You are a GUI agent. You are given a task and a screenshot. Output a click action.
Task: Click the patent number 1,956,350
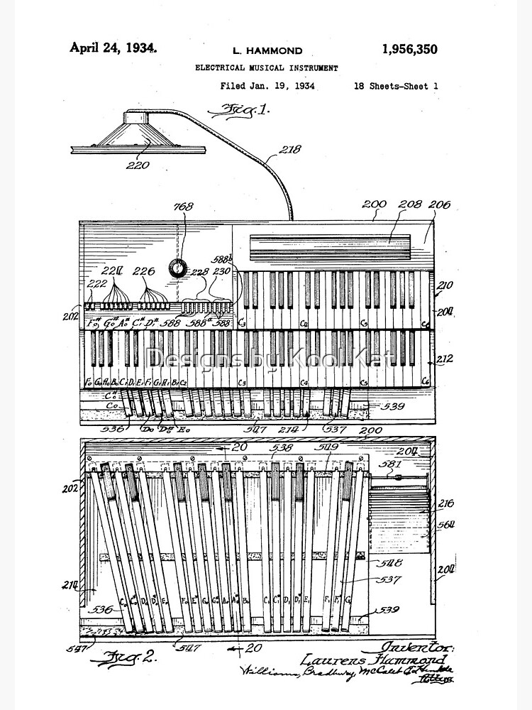pyautogui.click(x=409, y=50)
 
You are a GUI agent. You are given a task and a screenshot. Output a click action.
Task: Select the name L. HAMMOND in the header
pyautogui.click(x=267, y=50)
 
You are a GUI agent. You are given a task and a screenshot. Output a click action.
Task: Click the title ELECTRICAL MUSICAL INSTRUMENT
pyautogui.click(x=267, y=68)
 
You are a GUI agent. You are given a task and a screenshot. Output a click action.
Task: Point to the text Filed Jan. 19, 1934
pyautogui.click(x=267, y=86)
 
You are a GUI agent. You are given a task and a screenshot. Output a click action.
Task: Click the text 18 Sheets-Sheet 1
pyautogui.click(x=396, y=86)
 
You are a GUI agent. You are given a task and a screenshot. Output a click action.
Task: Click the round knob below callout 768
pyautogui.click(x=177, y=268)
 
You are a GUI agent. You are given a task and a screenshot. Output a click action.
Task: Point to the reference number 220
pyautogui.click(x=138, y=165)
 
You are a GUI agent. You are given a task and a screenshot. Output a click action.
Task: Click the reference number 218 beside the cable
pyautogui.click(x=289, y=149)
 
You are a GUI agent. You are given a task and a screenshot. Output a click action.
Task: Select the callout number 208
pyautogui.click(x=409, y=204)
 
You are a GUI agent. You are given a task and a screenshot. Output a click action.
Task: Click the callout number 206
pyautogui.click(x=438, y=204)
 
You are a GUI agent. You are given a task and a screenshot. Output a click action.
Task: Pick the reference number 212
pyautogui.click(x=444, y=359)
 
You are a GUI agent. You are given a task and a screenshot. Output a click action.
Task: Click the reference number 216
pyautogui.click(x=445, y=503)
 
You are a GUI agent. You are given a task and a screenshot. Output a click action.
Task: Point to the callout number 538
pyautogui.click(x=282, y=448)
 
